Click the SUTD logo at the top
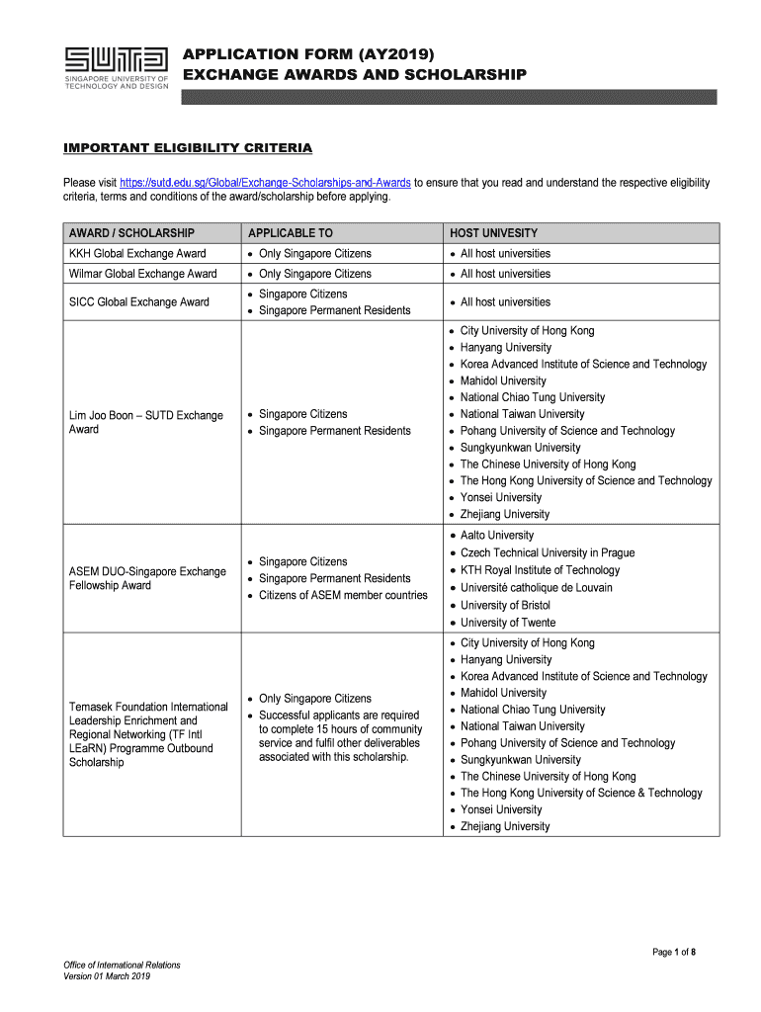(116, 66)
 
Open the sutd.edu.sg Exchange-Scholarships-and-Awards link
(265, 183)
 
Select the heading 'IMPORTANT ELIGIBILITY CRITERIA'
(188, 148)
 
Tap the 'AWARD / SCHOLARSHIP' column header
(131, 233)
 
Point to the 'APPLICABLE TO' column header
(291, 233)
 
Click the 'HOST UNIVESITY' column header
(494, 233)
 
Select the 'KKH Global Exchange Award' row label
(137, 254)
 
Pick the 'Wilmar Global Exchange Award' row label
(143, 274)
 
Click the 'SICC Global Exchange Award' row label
(139, 302)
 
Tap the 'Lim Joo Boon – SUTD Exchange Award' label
(146, 422)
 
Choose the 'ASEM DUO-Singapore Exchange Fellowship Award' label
(147, 578)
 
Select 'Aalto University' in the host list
(497, 535)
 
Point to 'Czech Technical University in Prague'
(548, 552)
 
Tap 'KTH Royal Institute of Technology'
(540, 570)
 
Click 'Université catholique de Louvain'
(536, 587)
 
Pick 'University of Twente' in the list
(508, 623)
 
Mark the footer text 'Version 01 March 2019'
(107, 977)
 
